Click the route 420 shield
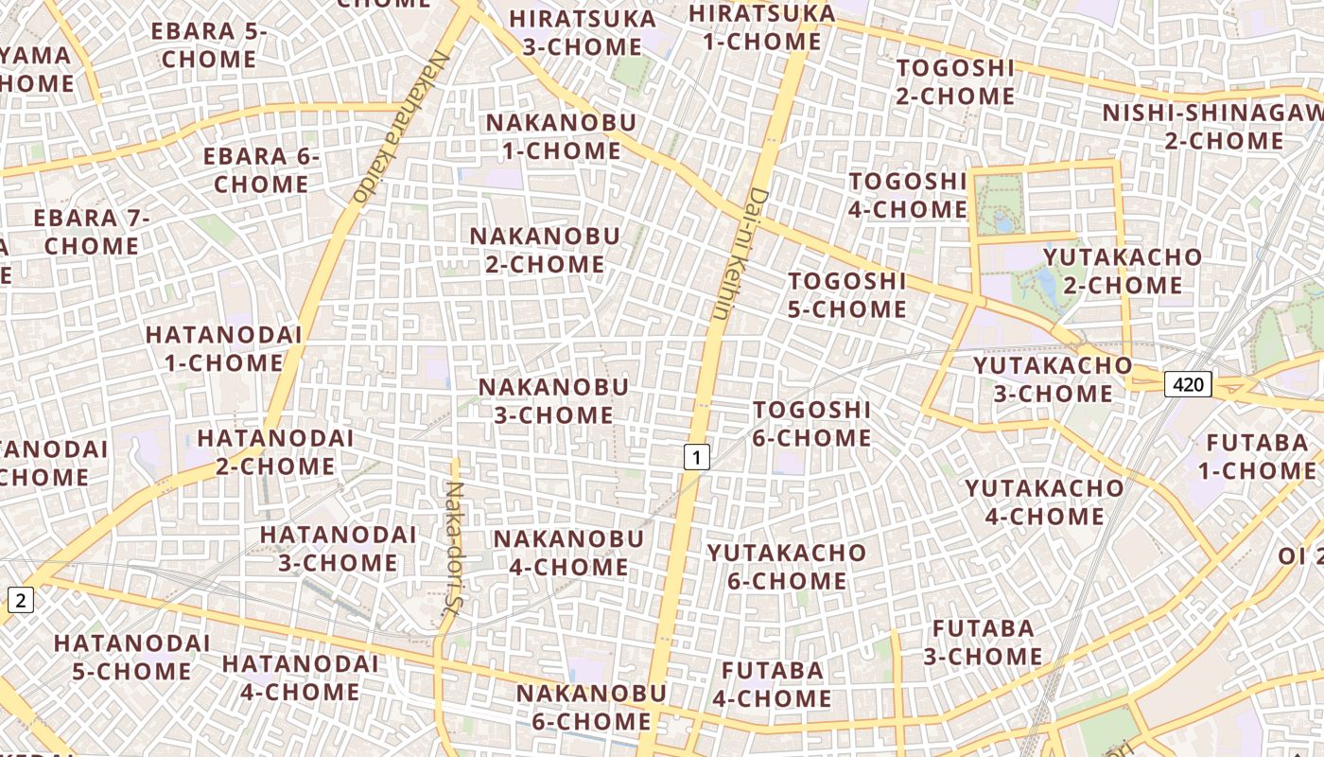click(x=1188, y=384)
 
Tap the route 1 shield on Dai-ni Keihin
click(x=696, y=458)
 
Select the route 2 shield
click(x=21, y=599)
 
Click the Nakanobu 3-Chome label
click(x=553, y=401)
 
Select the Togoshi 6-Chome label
click(x=811, y=424)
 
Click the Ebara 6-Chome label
click(x=262, y=170)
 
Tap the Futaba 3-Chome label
click(x=984, y=643)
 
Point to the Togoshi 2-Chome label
click(x=955, y=82)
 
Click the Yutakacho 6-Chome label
click(x=787, y=567)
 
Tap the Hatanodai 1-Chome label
click(x=223, y=348)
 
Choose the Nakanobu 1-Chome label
click(x=561, y=136)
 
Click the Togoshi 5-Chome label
click(x=847, y=295)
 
